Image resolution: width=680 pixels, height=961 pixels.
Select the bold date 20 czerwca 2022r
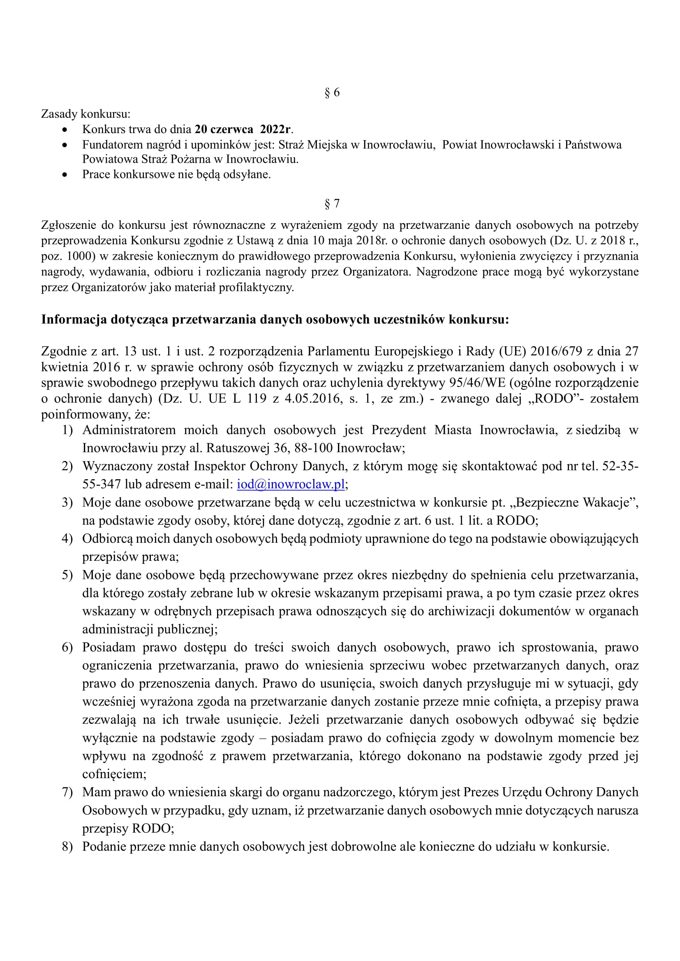point(243,129)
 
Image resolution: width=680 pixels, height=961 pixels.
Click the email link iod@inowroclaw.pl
point(291,484)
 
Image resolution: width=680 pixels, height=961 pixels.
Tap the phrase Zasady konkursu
point(86,113)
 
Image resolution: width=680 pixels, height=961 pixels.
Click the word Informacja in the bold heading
point(74,319)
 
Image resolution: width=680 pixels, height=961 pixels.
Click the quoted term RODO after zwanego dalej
point(552,398)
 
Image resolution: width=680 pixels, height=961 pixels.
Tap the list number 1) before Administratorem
point(67,430)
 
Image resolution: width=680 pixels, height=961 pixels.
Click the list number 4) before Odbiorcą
point(67,539)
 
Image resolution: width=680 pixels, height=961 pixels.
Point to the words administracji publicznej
point(150,629)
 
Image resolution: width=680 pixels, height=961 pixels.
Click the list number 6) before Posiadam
point(67,648)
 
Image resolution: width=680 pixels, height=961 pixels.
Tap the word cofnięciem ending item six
point(114,774)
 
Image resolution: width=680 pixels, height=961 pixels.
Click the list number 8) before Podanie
point(67,847)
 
